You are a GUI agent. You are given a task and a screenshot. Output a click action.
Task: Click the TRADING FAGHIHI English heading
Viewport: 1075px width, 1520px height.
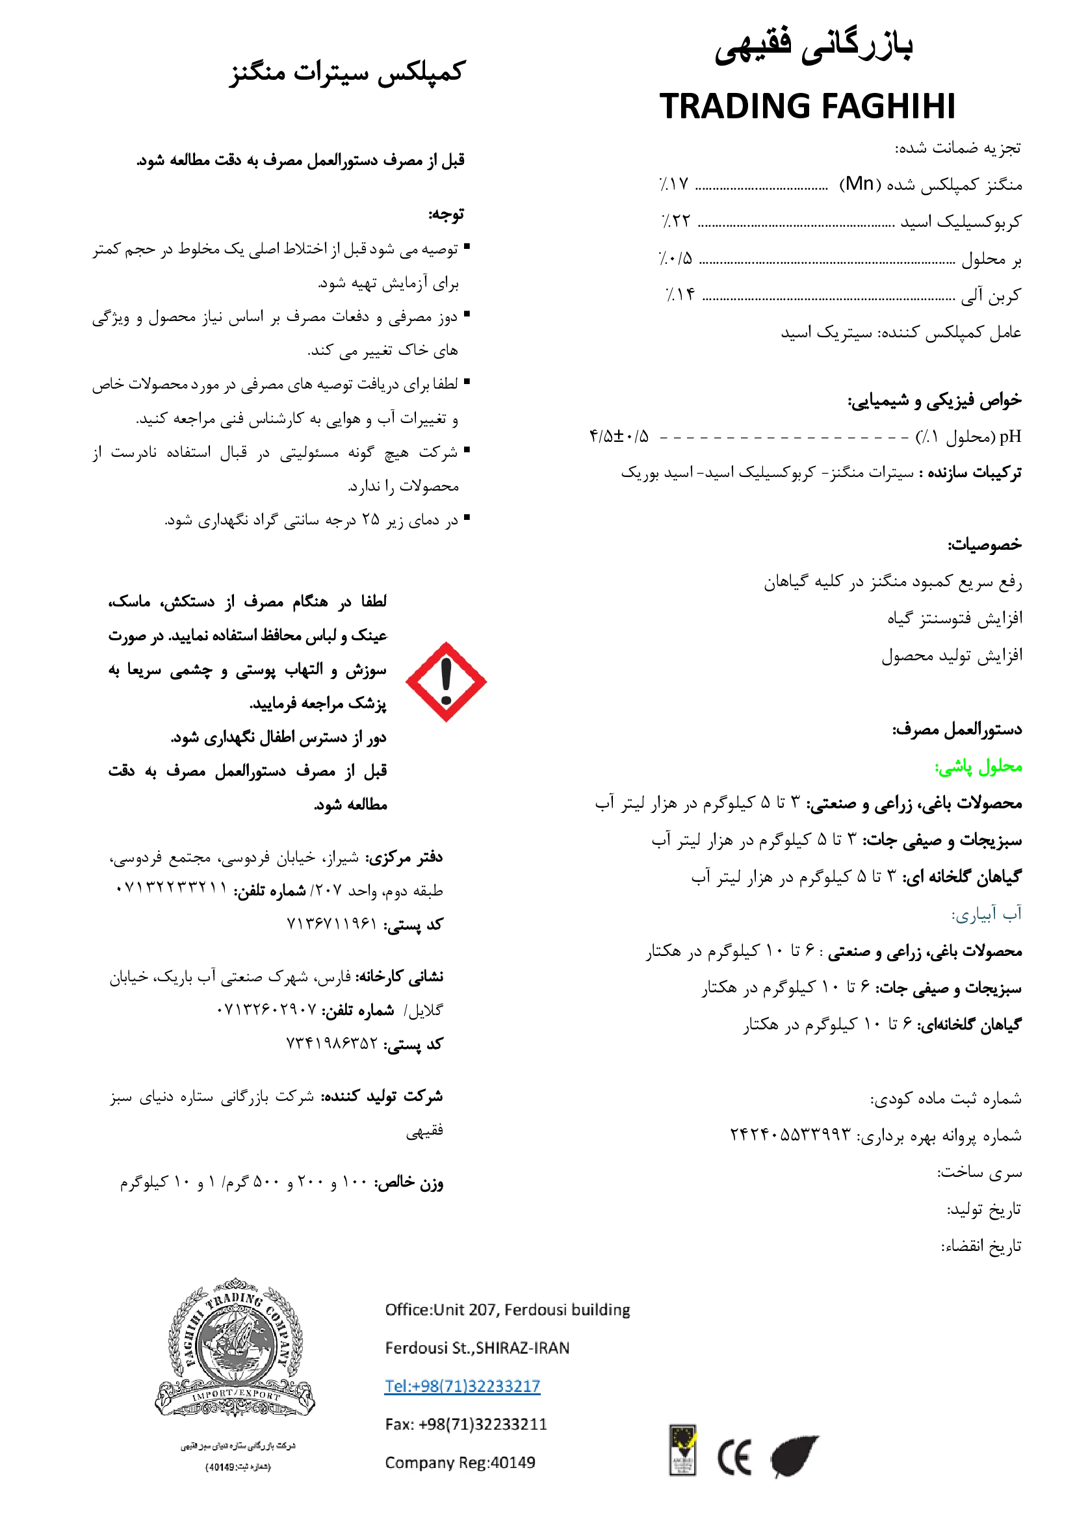tap(807, 106)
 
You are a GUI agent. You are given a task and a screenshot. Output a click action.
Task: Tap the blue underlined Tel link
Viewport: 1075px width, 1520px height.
tap(462, 1385)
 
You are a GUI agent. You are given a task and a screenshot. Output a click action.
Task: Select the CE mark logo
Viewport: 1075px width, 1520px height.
tap(734, 1457)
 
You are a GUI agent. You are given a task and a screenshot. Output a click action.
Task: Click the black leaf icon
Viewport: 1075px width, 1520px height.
tap(794, 1455)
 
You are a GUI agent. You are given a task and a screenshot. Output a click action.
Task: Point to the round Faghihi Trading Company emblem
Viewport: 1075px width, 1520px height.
tap(235, 1348)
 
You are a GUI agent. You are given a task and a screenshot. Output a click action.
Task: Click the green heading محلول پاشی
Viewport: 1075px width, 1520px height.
tap(978, 767)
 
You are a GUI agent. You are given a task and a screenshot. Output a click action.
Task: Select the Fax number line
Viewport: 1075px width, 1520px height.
tap(466, 1424)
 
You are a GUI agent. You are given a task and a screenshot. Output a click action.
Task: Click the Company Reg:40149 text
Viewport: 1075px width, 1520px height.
tap(460, 1462)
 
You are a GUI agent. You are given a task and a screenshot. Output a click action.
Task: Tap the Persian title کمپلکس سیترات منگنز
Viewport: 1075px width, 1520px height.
tap(348, 71)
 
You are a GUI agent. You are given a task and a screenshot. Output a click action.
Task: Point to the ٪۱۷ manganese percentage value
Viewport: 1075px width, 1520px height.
tap(674, 183)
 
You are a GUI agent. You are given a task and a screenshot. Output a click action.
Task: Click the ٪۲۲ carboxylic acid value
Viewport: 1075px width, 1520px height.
tap(676, 220)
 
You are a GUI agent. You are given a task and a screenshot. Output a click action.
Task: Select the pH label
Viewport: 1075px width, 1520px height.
tap(1010, 436)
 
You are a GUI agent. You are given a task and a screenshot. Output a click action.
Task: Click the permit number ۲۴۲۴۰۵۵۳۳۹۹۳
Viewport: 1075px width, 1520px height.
tap(790, 1134)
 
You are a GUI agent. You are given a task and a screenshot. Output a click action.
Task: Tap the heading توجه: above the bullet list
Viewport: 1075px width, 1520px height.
tap(445, 214)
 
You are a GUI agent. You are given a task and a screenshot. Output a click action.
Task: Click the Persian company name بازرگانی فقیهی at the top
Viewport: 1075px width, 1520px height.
tap(814, 46)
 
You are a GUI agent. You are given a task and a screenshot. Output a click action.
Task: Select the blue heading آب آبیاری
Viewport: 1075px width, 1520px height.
tap(987, 914)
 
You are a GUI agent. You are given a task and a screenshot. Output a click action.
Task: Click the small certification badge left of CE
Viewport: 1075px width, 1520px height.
tap(682, 1450)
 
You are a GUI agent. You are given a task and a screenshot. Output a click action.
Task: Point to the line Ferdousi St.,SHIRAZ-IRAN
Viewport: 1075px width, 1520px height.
tap(477, 1348)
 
